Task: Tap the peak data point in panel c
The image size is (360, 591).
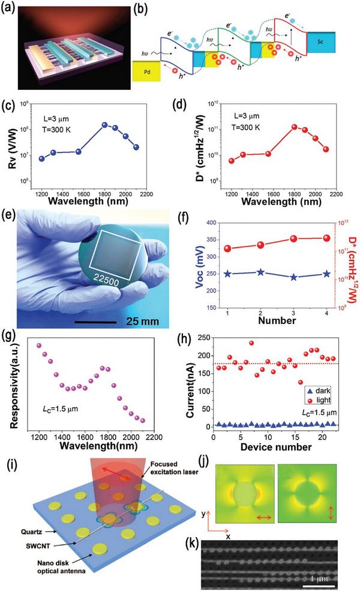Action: (x=105, y=124)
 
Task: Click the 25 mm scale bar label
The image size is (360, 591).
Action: (x=143, y=322)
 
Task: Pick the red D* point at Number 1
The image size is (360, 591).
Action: (x=227, y=248)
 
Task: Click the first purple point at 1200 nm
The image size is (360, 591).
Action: (x=39, y=346)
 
